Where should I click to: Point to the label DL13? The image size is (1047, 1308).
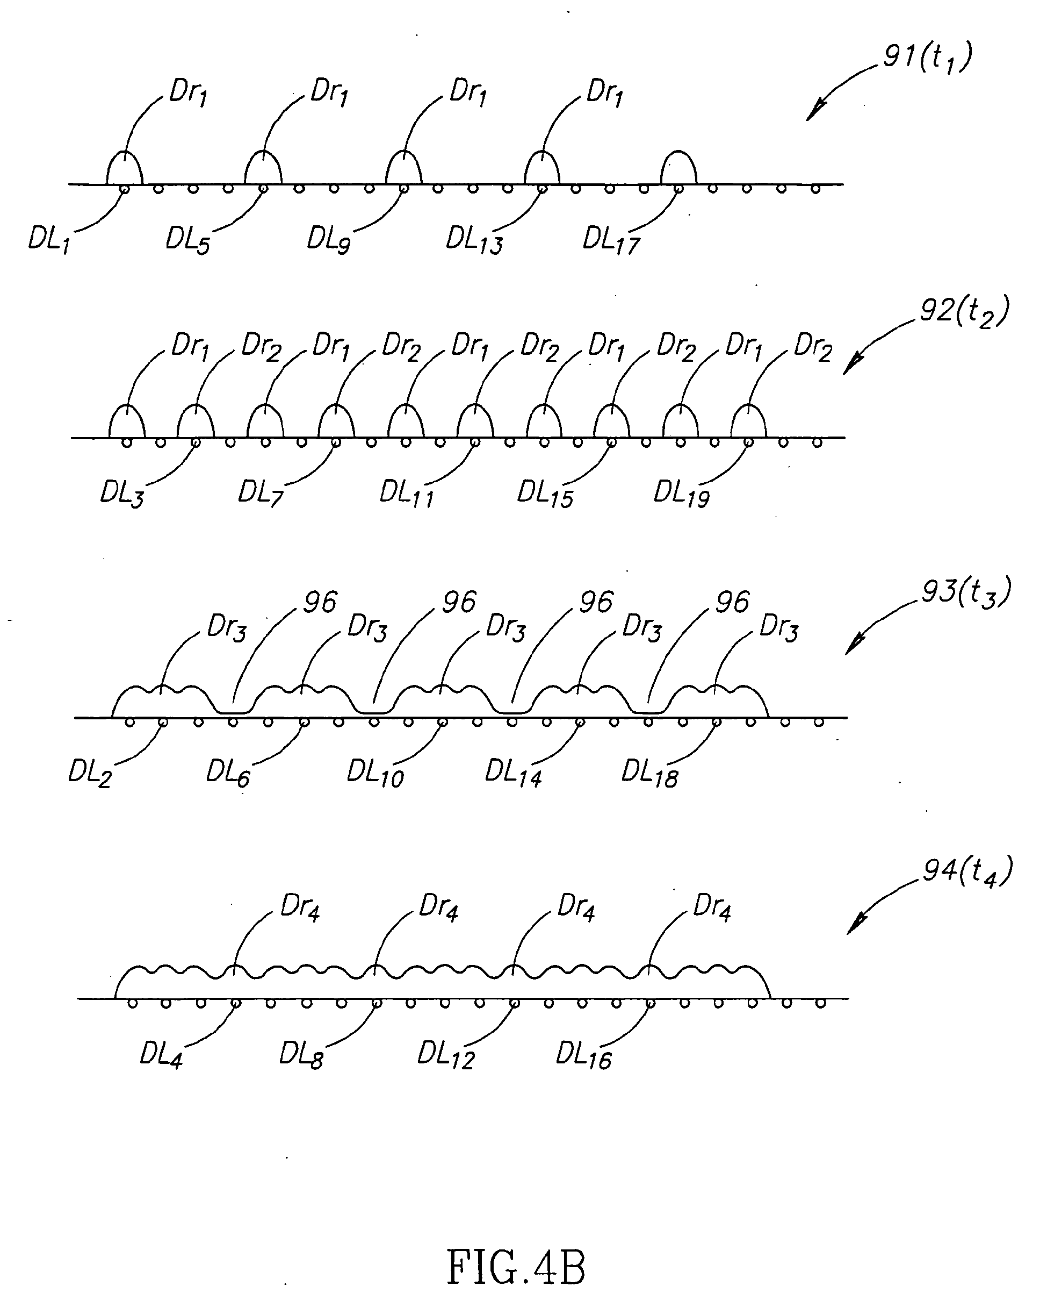474,241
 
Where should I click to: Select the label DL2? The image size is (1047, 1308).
90,774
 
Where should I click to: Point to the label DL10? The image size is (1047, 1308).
374,774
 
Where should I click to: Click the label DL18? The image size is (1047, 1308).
649,774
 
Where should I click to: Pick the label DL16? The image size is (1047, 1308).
583,1056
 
